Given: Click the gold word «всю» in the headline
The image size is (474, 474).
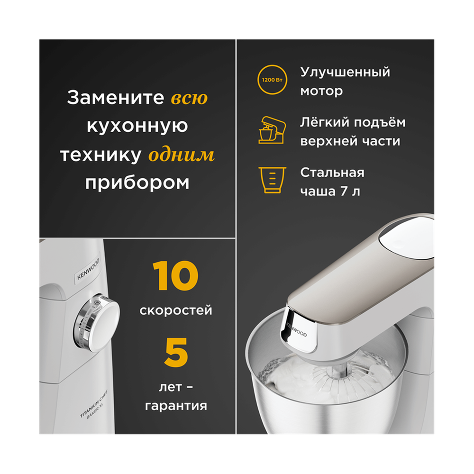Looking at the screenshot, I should click(x=189, y=98).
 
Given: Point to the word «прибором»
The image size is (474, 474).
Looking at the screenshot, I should click(x=137, y=183).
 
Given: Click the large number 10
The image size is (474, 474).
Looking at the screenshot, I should click(x=175, y=277).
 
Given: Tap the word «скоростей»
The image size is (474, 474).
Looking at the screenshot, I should click(x=176, y=311).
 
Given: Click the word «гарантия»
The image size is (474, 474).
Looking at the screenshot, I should click(x=176, y=406).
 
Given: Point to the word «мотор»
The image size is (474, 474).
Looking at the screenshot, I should click(x=321, y=91).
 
